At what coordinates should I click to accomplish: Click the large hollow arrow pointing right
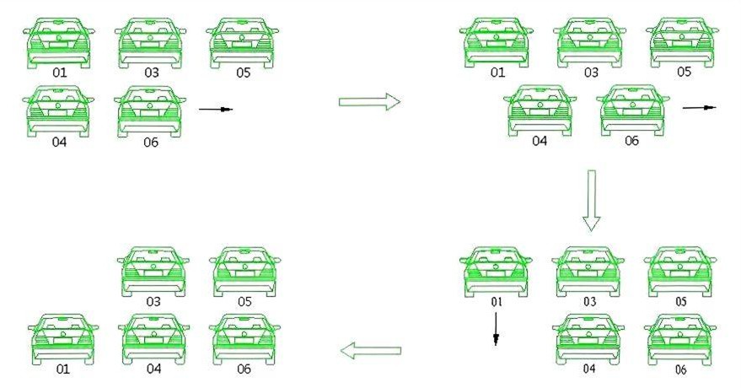pyautogui.click(x=369, y=101)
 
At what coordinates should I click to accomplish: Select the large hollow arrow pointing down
pyautogui.click(x=591, y=201)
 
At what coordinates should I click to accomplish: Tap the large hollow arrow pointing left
pyautogui.click(x=371, y=351)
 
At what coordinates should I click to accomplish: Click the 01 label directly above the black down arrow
pyautogui.click(x=497, y=302)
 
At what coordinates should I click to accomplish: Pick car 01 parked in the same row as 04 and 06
pyautogui.click(x=63, y=339)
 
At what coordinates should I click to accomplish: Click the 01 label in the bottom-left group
pyautogui.click(x=63, y=369)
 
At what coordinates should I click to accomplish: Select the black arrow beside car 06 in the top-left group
pyautogui.click(x=216, y=109)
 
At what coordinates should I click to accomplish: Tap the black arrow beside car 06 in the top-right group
pyautogui.click(x=700, y=108)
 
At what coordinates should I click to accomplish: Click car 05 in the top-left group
pyautogui.click(x=242, y=43)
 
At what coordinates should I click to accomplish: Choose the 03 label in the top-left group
pyautogui.click(x=151, y=73)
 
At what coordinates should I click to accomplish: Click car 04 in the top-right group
pyautogui.click(x=540, y=110)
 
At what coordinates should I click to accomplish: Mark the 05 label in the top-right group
pyautogui.click(x=684, y=72)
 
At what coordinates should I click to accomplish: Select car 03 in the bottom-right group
pyautogui.click(x=588, y=272)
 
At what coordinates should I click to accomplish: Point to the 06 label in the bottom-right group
pyautogui.click(x=680, y=369)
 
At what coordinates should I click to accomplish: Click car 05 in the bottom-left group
pyautogui.click(x=244, y=272)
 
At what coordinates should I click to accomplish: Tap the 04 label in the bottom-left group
pyautogui.click(x=153, y=369)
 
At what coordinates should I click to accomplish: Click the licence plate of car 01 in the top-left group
pyautogui.click(x=59, y=45)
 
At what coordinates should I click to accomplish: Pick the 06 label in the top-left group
pyautogui.click(x=151, y=143)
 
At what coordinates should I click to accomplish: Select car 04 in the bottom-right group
pyautogui.click(x=588, y=339)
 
